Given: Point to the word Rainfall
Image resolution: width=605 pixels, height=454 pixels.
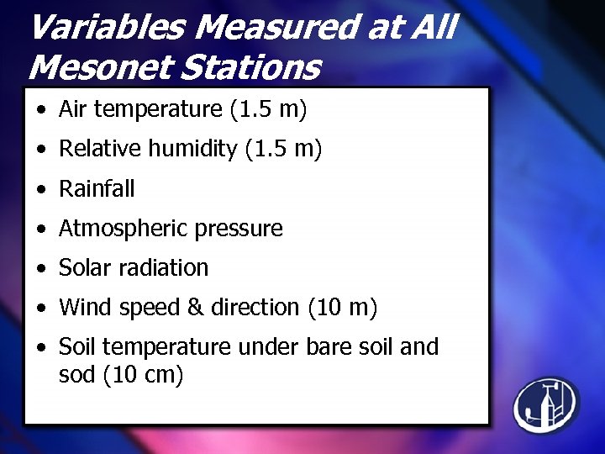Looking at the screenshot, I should (96, 188).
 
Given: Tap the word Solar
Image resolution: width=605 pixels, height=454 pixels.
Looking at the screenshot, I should (84, 267).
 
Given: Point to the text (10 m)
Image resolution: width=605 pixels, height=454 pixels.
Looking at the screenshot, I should (343, 308).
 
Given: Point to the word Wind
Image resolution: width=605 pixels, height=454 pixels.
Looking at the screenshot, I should (82, 308).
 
